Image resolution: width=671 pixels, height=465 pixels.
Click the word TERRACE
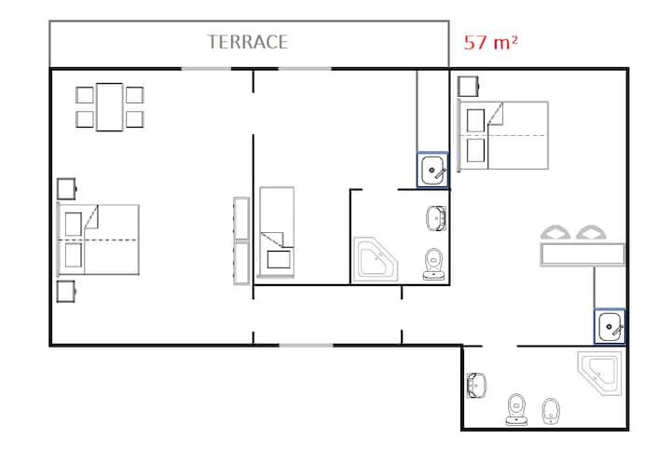247,42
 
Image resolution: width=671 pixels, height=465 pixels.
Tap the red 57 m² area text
491,42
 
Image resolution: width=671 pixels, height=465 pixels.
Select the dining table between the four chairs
110,107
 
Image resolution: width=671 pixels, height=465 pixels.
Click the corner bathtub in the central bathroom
375,260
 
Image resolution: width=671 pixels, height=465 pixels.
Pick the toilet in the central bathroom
433,264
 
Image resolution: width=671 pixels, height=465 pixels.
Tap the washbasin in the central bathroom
436,218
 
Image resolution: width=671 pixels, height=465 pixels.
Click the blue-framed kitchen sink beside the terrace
432,170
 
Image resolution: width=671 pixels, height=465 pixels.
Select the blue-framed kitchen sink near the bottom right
609,326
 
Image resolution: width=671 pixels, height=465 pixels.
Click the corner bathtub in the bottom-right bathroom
600,373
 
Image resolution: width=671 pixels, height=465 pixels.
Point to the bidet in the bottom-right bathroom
551,411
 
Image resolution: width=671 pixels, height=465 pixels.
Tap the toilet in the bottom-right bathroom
517,409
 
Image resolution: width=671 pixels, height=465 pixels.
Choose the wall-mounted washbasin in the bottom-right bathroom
476,385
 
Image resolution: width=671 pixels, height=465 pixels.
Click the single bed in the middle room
277,232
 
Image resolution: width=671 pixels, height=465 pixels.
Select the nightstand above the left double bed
66,188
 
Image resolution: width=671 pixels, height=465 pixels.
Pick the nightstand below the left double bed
66,292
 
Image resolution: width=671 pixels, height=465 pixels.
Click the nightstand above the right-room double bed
468,87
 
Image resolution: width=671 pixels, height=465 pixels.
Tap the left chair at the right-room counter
555,232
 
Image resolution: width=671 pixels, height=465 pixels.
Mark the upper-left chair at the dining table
84,95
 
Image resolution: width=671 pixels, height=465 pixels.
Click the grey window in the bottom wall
306,345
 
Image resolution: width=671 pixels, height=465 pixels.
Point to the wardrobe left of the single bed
241,240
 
